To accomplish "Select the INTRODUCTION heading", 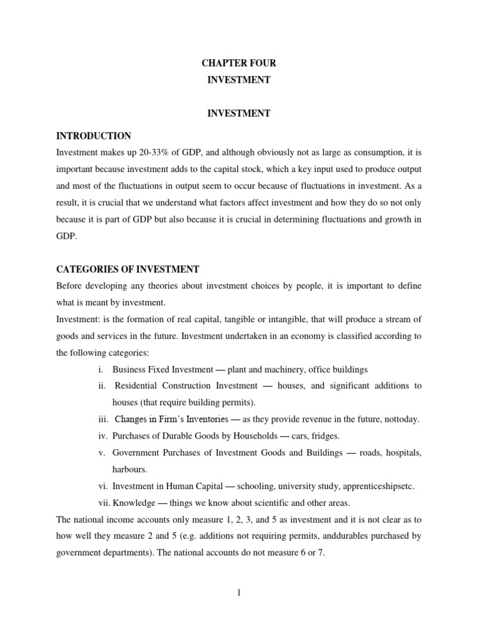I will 93,136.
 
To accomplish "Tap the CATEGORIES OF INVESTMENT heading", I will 128,269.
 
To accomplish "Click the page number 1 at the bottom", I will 238,593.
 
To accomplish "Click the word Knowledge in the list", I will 134,503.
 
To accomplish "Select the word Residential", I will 137,386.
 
